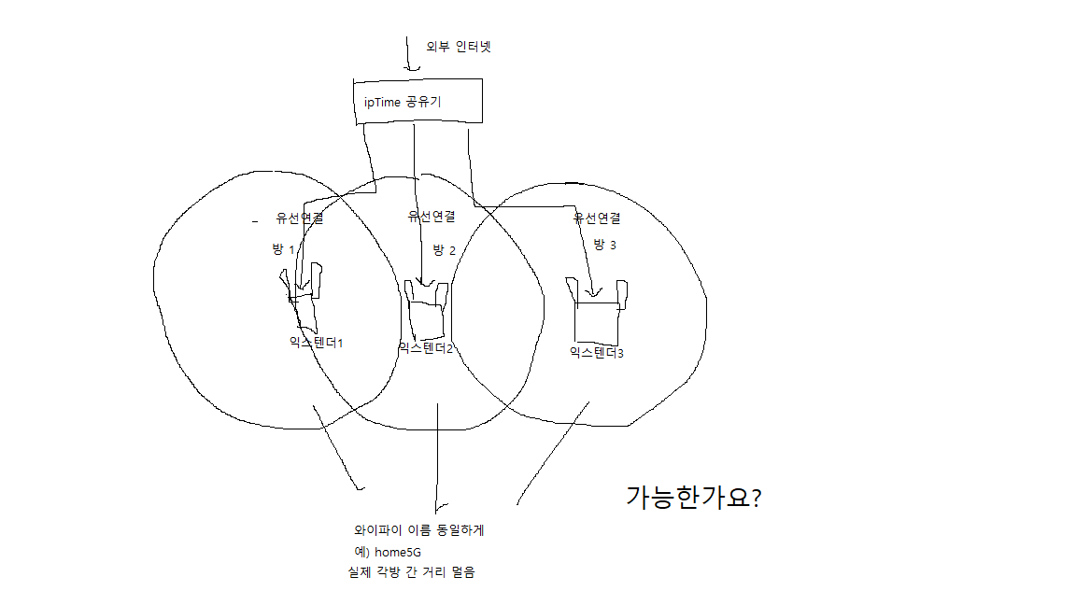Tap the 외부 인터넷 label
(x=459, y=47)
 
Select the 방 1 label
(x=283, y=249)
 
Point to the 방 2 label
(x=444, y=250)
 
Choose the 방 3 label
(x=604, y=245)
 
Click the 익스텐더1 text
(x=316, y=343)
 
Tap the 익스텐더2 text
(x=426, y=347)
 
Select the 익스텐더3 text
(x=596, y=353)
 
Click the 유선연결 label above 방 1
(x=300, y=218)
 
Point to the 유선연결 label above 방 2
(x=432, y=216)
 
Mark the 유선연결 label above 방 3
(x=597, y=218)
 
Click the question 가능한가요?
(x=694, y=498)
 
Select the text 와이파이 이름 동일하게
(x=419, y=530)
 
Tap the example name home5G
(x=398, y=552)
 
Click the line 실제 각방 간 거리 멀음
(x=411, y=572)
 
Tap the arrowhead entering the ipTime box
(x=412, y=67)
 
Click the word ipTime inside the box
(x=382, y=102)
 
